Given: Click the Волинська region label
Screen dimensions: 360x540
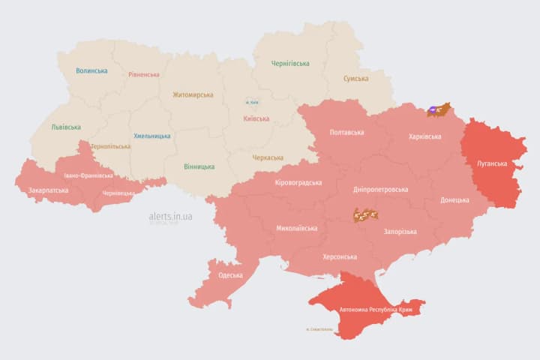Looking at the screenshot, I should pyautogui.click(x=91, y=71).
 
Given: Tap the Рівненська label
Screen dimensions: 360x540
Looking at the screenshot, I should pyautogui.click(x=144, y=75).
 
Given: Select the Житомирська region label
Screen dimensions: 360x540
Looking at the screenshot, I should pyautogui.click(x=193, y=95).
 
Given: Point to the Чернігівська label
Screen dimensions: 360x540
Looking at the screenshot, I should pyautogui.click(x=290, y=64).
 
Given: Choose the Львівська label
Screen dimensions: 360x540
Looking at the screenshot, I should pyautogui.click(x=66, y=127).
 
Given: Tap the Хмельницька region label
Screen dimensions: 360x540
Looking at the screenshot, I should pyautogui.click(x=151, y=136).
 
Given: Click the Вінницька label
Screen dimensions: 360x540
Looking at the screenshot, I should pyautogui.click(x=199, y=166).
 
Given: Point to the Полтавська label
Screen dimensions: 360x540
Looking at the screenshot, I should pyautogui.click(x=346, y=133).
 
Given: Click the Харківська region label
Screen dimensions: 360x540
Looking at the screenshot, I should pyautogui.click(x=424, y=136).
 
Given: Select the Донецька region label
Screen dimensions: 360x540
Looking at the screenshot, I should pyautogui.click(x=454, y=200).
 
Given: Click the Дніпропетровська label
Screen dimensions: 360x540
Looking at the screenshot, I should pyautogui.click(x=381, y=190).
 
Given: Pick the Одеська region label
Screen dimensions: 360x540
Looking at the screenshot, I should pyautogui.click(x=230, y=275).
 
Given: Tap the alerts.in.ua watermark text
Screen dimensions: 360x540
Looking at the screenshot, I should pyautogui.click(x=170, y=216).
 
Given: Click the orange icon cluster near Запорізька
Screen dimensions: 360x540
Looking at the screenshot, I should pyautogui.click(x=366, y=215).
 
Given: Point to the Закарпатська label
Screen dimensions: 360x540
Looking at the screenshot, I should pyautogui.click(x=48, y=190).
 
